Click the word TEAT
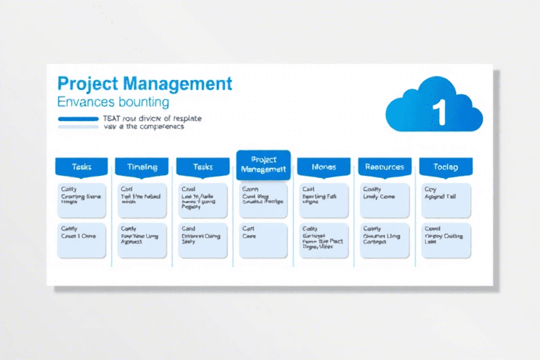coord(112,118)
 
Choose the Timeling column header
coord(141,167)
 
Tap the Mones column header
coord(323,167)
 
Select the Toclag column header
coord(446,167)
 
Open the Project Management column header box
coord(263,165)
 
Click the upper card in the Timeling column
coord(142,200)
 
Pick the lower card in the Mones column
coord(323,240)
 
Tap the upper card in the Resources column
coord(384,200)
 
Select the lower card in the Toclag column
coord(446,240)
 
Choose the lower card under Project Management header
coord(263,240)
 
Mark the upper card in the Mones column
coord(323,200)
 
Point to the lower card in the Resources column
coord(384,240)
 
